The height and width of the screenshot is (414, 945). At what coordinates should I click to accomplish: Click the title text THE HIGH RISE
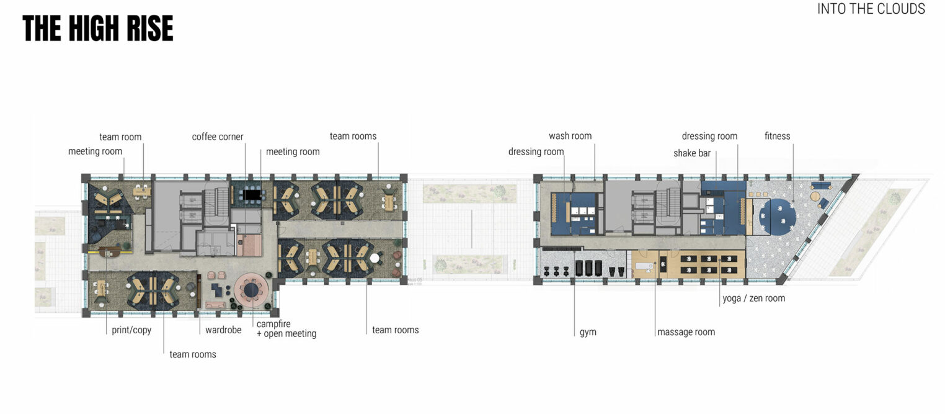pyautogui.click(x=98, y=29)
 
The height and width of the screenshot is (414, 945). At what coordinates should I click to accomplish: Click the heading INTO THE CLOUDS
pyautogui.click(x=871, y=9)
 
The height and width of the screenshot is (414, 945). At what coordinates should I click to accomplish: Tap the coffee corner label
pyautogui.click(x=217, y=137)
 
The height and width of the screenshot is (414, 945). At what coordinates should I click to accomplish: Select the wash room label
pyautogui.click(x=570, y=136)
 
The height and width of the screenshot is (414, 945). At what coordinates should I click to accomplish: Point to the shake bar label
pyautogui.click(x=692, y=153)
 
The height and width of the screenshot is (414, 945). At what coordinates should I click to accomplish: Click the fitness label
pyautogui.click(x=777, y=136)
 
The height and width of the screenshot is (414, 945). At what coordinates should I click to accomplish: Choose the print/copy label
pyautogui.click(x=131, y=330)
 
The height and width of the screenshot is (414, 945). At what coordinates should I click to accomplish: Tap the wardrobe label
pyautogui.click(x=223, y=330)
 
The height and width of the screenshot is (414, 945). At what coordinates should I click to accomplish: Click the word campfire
pyautogui.click(x=273, y=324)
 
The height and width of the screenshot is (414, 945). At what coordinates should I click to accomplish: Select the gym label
pyautogui.click(x=588, y=332)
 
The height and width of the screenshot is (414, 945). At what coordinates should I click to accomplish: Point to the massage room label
pyautogui.click(x=686, y=332)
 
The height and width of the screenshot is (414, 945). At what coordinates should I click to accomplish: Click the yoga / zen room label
pyautogui.click(x=753, y=299)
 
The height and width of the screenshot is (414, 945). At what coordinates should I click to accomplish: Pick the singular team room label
pyautogui.click(x=120, y=137)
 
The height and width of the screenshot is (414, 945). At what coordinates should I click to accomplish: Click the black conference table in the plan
pyautogui.click(x=253, y=195)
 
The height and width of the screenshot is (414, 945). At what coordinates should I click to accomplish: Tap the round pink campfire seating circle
pyautogui.click(x=251, y=290)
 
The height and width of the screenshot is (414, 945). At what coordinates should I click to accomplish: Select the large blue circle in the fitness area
pyautogui.click(x=777, y=217)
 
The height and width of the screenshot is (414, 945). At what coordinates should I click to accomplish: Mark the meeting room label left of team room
pyautogui.click(x=95, y=151)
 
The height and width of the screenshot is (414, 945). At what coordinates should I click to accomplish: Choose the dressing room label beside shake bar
pyautogui.click(x=709, y=136)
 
